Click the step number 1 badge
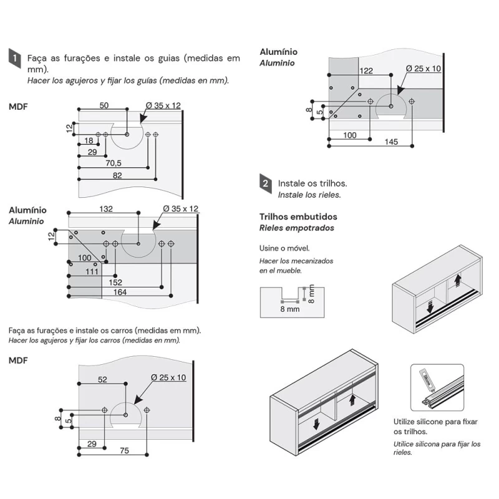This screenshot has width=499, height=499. (14, 58)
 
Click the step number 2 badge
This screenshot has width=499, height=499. (266, 183)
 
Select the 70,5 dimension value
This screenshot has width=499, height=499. (113, 163)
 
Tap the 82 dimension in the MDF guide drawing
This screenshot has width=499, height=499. (117, 176)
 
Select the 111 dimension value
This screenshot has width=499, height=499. (92, 271)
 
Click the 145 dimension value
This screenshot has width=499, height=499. (390, 142)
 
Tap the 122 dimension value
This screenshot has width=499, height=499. (366, 71)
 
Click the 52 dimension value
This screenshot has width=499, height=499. (102, 379)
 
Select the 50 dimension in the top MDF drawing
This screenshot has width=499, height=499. (104, 105)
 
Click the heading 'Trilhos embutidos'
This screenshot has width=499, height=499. (298, 216)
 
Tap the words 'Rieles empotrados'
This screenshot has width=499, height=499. (296, 228)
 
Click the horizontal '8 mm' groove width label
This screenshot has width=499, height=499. (290, 309)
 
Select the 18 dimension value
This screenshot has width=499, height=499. (89, 142)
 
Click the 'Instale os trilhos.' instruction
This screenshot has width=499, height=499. (312, 183)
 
